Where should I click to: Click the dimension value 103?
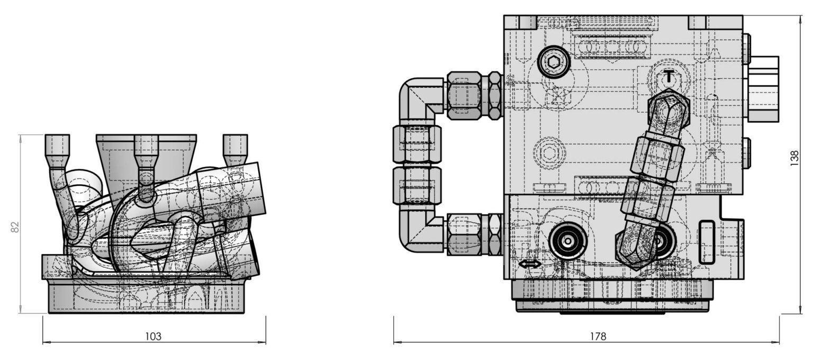153,336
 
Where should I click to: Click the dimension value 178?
598,336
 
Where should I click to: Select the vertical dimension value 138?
794,158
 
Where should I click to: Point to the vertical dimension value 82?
15,227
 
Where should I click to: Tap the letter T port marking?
667,76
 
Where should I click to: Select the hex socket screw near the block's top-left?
554,62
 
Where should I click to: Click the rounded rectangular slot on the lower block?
707,242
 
